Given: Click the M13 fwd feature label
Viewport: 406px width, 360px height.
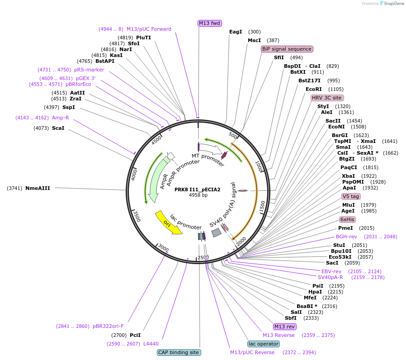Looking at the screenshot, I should [210, 23].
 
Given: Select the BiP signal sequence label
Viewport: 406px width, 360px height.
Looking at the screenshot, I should [287, 49].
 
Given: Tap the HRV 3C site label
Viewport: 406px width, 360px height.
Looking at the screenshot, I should [327, 98].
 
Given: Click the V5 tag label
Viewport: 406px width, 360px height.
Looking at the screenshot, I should [351, 196].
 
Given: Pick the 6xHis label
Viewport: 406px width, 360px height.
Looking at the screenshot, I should [347, 219].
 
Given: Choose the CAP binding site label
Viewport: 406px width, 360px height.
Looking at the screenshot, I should [179, 352].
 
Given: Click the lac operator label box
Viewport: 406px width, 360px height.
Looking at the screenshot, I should [263, 344].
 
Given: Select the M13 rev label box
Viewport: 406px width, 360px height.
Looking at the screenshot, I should [285, 327].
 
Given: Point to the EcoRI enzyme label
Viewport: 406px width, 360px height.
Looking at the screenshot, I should [314, 89].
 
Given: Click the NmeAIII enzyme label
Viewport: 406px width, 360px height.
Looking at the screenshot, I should [38, 188].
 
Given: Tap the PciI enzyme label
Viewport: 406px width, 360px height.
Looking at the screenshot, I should [135, 335].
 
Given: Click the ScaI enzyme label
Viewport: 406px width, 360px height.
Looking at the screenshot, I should [58, 128].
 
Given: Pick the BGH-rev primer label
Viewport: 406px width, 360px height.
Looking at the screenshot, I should [346, 237].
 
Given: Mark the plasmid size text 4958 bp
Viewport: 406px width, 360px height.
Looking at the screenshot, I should [198, 195].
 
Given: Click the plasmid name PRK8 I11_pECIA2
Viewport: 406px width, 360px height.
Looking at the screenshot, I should [198, 189].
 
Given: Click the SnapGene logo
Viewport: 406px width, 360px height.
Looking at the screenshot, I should [392, 4].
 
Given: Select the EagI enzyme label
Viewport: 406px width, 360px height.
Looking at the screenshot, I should [236, 32].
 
